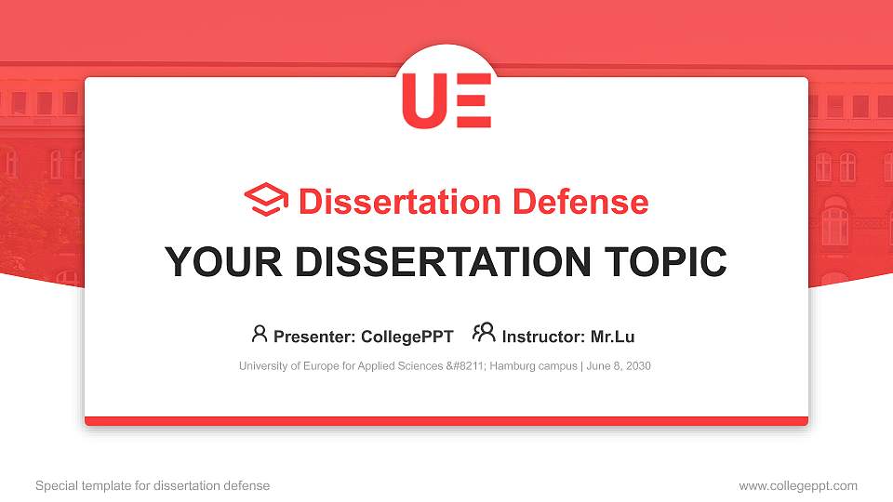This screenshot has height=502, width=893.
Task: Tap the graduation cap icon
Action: [266, 200]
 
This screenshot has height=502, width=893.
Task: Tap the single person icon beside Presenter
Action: [260, 334]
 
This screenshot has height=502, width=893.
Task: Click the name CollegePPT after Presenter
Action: [407, 337]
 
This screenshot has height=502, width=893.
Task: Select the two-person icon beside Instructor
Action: [484, 333]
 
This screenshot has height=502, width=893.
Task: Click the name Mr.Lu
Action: [612, 337]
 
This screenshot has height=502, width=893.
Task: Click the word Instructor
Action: [543, 337]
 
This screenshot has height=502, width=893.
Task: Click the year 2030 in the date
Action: [637, 366]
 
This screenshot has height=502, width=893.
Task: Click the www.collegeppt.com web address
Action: [798, 485]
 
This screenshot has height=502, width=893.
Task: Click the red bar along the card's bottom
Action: [446, 421]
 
